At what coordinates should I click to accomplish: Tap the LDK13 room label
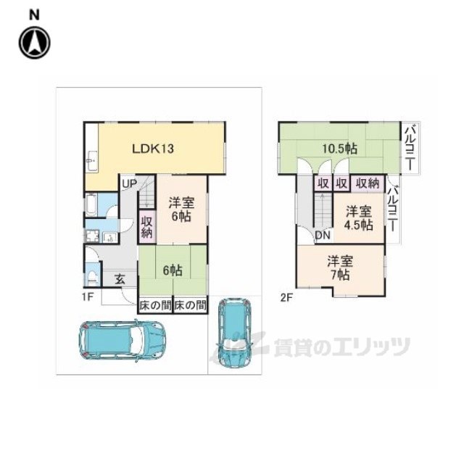(152, 149)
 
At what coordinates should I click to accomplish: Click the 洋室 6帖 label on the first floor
(181, 210)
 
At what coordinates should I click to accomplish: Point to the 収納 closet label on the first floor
(146, 227)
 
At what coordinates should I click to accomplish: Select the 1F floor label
(87, 296)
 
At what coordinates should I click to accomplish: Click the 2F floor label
(286, 296)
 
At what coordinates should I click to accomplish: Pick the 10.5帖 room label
(339, 149)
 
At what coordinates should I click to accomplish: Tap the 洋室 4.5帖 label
(358, 218)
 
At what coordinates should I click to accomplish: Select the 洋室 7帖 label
(339, 268)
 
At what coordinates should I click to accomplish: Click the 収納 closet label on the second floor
(368, 184)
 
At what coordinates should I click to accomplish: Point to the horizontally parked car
(123, 339)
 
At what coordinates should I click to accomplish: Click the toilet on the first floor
(92, 275)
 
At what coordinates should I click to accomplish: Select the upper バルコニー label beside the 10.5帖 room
(410, 146)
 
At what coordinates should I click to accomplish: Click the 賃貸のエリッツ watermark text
(341, 347)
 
